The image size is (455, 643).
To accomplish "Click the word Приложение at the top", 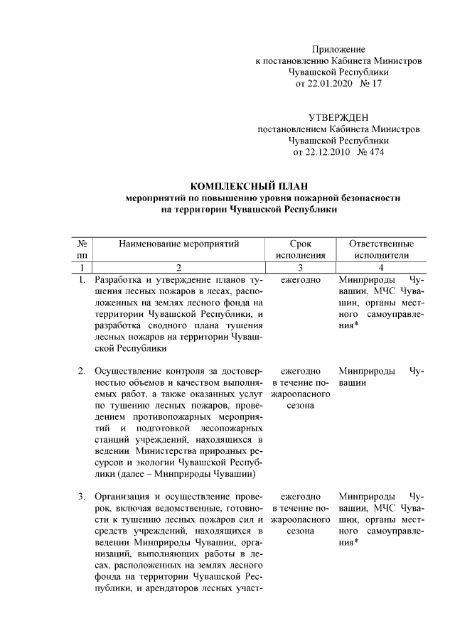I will click(x=338, y=50).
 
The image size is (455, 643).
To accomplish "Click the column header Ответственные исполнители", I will click(x=382, y=249).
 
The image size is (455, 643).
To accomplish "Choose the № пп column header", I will click(x=82, y=249).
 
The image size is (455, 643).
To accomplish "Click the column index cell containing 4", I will click(x=382, y=268).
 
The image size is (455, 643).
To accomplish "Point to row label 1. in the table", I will click(x=82, y=280).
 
